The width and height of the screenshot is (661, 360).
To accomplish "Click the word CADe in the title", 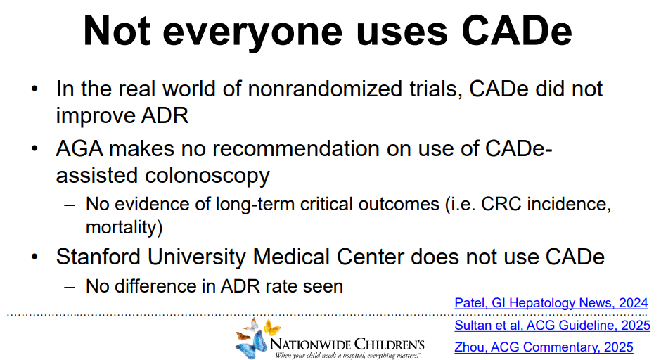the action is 517,31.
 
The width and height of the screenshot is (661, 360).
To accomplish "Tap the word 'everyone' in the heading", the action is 252,34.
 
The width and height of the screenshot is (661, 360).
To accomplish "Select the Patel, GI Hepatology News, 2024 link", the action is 551,302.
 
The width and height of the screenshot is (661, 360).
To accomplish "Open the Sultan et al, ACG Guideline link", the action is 552,325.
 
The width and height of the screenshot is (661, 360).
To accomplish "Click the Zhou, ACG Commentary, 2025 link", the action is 544,347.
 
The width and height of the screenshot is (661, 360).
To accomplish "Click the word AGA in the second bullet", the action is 79,149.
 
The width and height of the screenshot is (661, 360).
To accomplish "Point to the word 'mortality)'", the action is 124,227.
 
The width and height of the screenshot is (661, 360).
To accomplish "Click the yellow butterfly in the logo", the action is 272,328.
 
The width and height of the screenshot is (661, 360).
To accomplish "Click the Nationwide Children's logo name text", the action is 347,344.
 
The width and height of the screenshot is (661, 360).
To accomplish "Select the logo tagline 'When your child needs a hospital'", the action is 320,356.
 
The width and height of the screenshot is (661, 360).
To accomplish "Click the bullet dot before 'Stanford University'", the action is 34,257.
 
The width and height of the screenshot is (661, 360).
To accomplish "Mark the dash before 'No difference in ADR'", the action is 70,287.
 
